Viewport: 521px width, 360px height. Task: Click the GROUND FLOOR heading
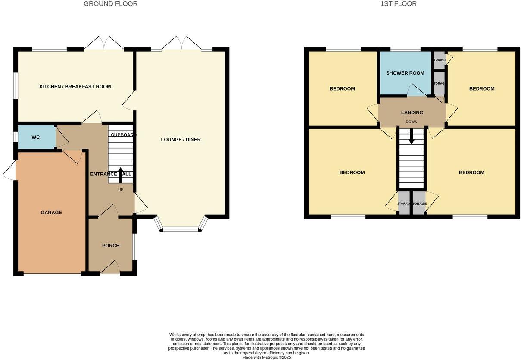click(110, 4)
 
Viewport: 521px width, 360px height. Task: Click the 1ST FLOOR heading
click(398, 4)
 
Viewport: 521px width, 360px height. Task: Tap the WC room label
click(36, 138)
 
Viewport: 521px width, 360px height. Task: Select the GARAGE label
click(51, 213)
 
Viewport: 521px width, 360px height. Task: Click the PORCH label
click(111, 246)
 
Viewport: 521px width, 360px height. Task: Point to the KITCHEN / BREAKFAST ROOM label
click(75, 87)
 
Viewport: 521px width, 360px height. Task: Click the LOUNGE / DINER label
click(181, 140)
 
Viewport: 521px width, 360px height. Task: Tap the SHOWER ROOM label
click(405, 73)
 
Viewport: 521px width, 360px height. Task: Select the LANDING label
click(412, 113)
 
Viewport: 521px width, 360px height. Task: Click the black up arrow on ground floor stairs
click(120, 174)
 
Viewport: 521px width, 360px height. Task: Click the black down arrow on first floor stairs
click(412, 138)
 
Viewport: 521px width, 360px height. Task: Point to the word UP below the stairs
click(120, 190)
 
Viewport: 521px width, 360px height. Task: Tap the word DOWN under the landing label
click(412, 122)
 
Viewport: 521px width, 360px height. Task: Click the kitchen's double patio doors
click(104, 43)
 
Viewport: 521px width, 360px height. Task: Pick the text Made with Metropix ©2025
click(266, 357)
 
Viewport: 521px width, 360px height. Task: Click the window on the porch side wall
click(135, 247)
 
